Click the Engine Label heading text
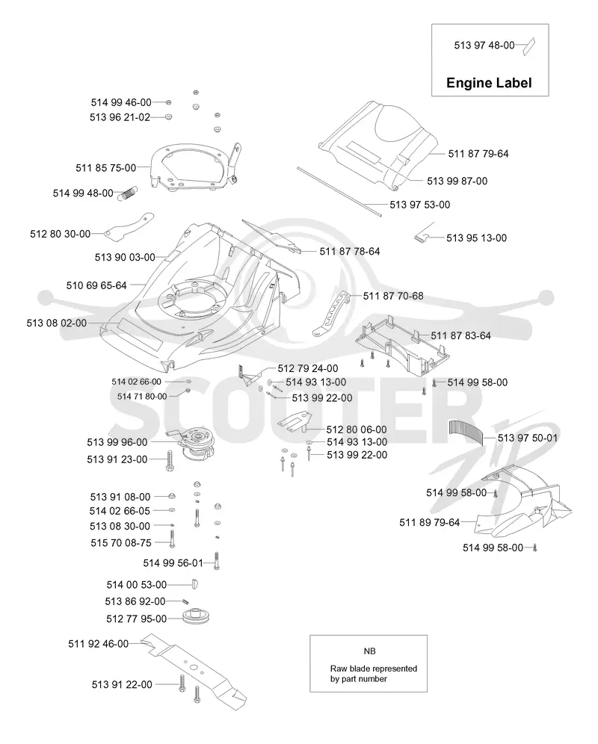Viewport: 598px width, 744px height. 489,83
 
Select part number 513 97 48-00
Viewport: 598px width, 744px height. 484,45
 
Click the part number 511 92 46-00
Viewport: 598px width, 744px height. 99,644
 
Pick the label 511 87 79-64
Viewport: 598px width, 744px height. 478,154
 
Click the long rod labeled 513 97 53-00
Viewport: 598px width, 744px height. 339,191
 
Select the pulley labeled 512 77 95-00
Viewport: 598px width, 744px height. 196,616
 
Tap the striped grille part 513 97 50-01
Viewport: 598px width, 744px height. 466,431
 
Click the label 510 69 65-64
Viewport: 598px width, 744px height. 96,285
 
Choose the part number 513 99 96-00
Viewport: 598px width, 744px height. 117,442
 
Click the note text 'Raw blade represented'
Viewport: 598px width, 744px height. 374,669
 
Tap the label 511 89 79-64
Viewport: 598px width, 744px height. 429,522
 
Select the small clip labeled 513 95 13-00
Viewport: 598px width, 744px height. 422,237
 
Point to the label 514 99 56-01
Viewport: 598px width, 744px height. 173,562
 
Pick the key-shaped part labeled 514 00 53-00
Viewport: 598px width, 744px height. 194,584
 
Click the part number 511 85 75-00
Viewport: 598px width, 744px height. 106,167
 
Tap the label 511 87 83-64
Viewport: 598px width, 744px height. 460,335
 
